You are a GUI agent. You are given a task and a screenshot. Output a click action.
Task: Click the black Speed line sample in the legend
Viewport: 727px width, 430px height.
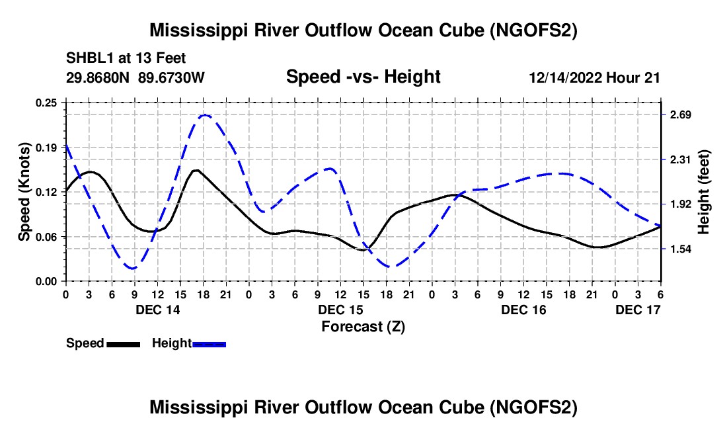point(123,344)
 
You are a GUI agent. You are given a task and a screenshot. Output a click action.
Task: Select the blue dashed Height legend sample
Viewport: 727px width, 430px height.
point(209,344)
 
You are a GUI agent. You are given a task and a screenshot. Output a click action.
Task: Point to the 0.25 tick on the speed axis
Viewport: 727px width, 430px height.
point(48,103)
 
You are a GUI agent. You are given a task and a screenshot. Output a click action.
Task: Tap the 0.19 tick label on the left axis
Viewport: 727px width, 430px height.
point(48,148)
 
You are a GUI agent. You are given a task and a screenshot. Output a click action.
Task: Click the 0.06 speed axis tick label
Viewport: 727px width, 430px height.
point(48,237)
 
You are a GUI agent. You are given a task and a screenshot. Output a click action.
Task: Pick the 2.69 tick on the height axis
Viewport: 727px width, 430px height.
point(680,115)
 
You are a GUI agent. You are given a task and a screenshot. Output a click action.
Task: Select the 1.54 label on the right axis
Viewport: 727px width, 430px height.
point(680,249)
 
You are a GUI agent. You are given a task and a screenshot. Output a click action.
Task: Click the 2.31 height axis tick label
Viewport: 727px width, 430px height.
point(680,159)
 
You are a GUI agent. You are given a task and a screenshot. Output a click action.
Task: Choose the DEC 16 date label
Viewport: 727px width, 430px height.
point(523,310)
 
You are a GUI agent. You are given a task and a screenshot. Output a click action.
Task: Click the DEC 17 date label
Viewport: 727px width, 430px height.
point(638,310)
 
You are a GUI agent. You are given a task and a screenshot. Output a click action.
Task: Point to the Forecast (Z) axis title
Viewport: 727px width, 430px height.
point(363,326)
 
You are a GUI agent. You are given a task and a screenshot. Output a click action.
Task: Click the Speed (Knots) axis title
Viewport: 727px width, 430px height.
point(24,192)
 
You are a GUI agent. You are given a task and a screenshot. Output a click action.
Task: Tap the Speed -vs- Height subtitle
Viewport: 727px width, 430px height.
point(363,77)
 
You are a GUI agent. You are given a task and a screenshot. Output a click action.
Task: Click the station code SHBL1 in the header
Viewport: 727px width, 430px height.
point(87,58)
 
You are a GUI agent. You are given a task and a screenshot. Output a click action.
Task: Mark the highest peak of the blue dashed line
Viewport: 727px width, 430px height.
point(204,115)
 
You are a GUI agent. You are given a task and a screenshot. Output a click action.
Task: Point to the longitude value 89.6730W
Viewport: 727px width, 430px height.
point(172,77)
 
